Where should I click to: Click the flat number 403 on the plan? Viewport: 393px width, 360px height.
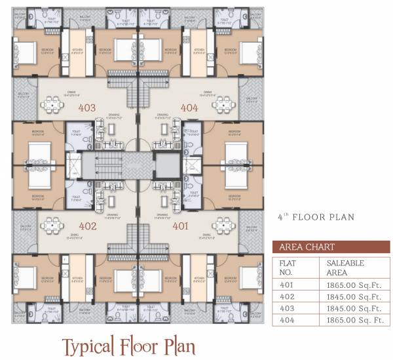[86, 108]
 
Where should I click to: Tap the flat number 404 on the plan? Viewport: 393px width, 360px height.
[189, 108]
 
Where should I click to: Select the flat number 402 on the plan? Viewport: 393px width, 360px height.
[88, 227]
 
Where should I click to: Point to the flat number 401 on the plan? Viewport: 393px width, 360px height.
[181, 227]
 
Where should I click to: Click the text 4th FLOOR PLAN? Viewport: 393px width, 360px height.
[315, 216]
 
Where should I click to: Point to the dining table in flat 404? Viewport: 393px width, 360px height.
[225, 104]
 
